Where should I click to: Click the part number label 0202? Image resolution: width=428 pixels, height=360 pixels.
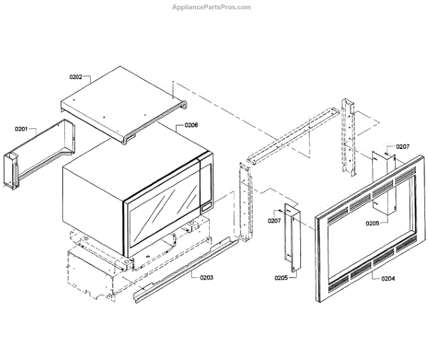pos(76,76)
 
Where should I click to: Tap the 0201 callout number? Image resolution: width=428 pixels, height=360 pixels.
pos(21,129)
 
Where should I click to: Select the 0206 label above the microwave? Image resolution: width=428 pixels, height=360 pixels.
pos(191,125)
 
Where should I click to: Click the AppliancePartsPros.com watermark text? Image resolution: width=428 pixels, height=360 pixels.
pos(213,7)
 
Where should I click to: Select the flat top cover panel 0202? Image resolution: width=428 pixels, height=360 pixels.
pos(121,100)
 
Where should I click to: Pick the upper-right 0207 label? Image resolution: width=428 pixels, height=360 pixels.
pos(403,147)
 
